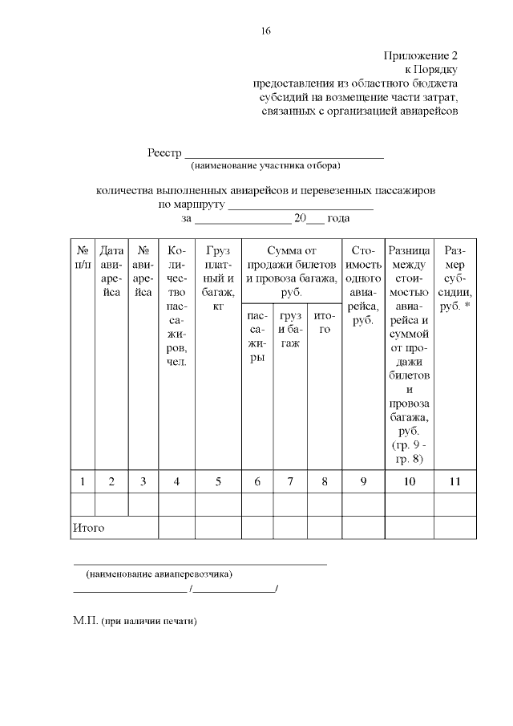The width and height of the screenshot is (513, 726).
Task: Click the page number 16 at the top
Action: tap(265, 31)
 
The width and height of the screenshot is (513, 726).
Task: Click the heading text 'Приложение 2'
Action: tap(421, 56)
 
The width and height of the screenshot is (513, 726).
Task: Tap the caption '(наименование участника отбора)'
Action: tap(265, 166)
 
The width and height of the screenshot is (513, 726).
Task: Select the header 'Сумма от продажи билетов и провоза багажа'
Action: tap(291, 272)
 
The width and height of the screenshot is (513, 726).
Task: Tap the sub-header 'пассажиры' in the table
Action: tap(257, 338)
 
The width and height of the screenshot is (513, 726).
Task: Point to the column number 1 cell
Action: tap(83, 481)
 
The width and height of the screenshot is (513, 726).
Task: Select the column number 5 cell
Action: tap(218, 481)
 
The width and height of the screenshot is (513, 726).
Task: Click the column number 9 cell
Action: tap(364, 481)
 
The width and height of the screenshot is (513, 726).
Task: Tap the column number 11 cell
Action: tap(455, 481)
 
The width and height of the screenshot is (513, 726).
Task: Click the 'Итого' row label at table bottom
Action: tap(89, 528)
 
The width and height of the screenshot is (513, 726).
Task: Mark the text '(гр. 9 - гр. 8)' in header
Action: tap(410, 452)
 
